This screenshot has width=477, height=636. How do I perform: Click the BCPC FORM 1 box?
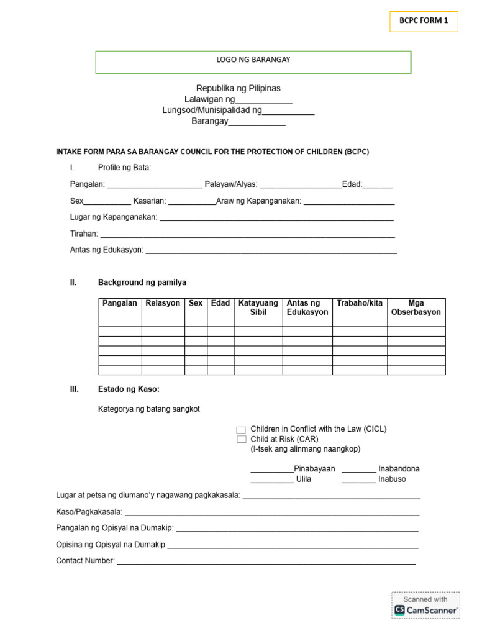[424, 20]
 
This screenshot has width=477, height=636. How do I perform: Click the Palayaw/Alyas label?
[231, 184]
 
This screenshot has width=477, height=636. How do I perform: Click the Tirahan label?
[84, 234]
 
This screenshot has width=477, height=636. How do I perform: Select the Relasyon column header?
[163, 303]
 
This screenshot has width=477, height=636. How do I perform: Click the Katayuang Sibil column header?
[258, 307]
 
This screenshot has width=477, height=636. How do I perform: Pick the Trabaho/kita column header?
[360, 303]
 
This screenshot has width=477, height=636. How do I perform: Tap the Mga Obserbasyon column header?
[416, 307]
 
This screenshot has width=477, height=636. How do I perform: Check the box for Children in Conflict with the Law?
[241, 430]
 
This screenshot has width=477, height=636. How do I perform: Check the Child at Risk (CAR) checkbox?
[241, 439]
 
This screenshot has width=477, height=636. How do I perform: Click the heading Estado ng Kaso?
[129, 389]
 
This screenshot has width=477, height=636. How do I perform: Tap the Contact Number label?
[85, 561]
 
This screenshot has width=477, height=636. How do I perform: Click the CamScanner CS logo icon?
[399, 610]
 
